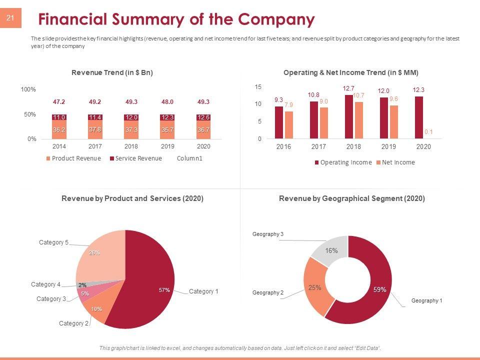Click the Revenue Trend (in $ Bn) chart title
pos(112,72)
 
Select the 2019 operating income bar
pos(383,118)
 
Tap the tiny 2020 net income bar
pos(428,138)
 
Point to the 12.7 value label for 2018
pos(348,88)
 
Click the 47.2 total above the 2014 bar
pos(59,102)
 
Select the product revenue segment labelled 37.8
pos(95,129)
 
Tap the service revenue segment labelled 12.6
pos(203,117)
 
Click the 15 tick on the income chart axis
pos(258,87)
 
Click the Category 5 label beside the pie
pos(53,242)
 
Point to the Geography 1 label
pos(426,300)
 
